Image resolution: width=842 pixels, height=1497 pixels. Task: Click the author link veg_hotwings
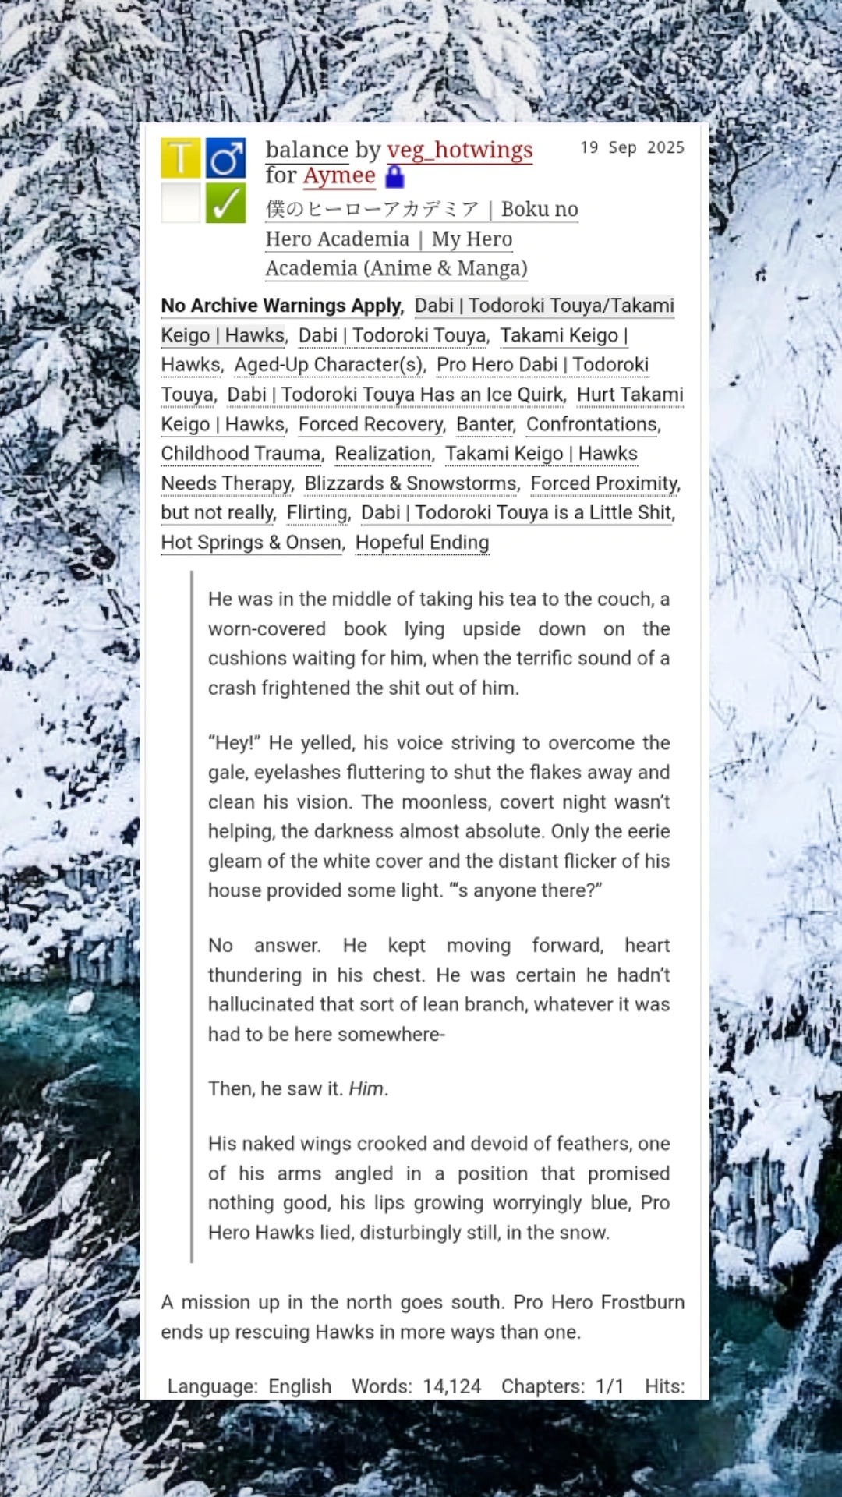point(459,150)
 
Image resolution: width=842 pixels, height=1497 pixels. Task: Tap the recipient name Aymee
point(339,176)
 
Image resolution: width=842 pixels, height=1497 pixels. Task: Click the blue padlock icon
point(395,177)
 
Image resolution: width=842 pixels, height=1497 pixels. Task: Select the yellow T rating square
point(181,157)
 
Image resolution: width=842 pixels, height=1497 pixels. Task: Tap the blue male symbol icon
point(226,157)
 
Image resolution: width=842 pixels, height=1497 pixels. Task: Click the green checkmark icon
point(226,203)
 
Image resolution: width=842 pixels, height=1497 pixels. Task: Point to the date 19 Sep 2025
point(631,148)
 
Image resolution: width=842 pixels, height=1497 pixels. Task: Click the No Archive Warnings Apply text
point(281,306)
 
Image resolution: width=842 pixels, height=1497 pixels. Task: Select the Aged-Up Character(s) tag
point(329,365)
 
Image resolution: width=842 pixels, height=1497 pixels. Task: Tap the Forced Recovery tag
point(371,424)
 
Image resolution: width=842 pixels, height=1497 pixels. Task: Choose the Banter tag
point(485,424)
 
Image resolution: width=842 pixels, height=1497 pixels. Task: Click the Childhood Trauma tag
point(241,454)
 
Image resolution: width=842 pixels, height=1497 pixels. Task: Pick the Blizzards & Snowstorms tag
point(411,483)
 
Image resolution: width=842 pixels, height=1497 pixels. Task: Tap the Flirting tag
point(318,513)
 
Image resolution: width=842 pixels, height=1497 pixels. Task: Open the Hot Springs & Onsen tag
point(252,543)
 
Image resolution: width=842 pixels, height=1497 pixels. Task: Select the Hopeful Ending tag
point(422,543)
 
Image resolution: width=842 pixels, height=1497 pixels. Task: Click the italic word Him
point(366,1088)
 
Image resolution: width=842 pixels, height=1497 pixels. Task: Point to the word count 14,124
point(452,1386)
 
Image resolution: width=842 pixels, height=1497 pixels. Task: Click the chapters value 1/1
point(610,1386)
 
